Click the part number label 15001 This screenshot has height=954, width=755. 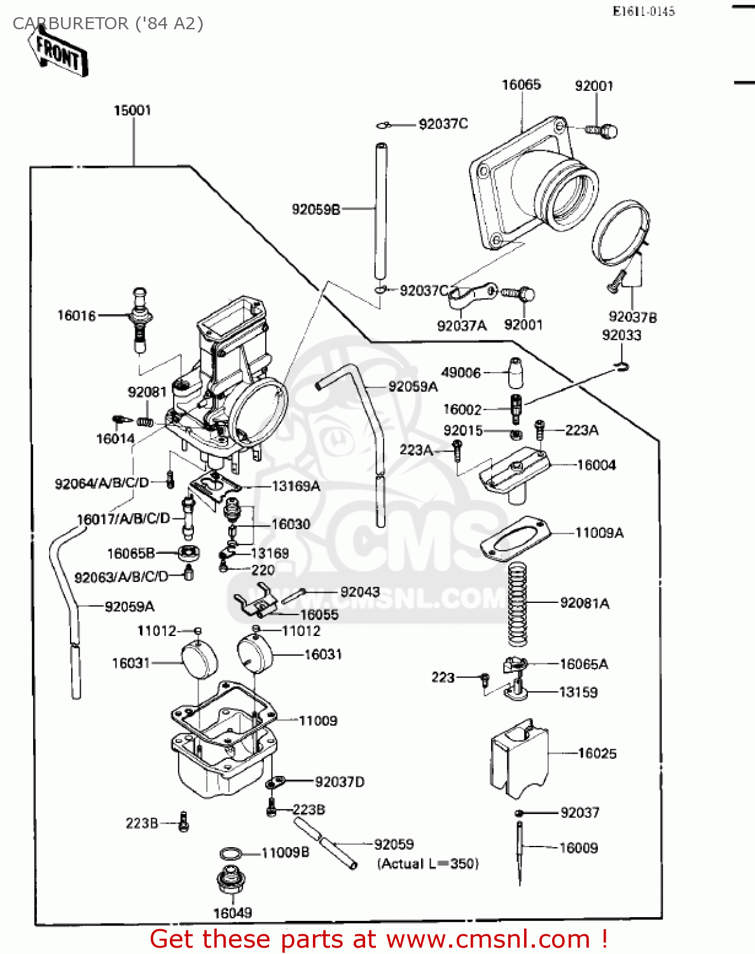[x=132, y=111]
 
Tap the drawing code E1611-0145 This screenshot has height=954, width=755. [x=643, y=11]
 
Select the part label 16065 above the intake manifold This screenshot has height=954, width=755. [x=521, y=85]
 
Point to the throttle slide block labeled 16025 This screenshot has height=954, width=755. [x=519, y=758]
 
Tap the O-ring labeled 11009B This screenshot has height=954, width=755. [x=230, y=853]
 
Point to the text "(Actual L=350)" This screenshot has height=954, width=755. [x=427, y=864]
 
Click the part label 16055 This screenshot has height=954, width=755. [x=319, y=614]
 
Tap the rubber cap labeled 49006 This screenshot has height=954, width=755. [x=516, y=373]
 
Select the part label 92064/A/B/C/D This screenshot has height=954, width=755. [x=102, y=483]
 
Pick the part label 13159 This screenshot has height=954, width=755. [x=578, y=692]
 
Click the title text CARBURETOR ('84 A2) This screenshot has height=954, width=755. [x=108, y=24]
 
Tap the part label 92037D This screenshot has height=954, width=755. [x=340, y=782]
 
